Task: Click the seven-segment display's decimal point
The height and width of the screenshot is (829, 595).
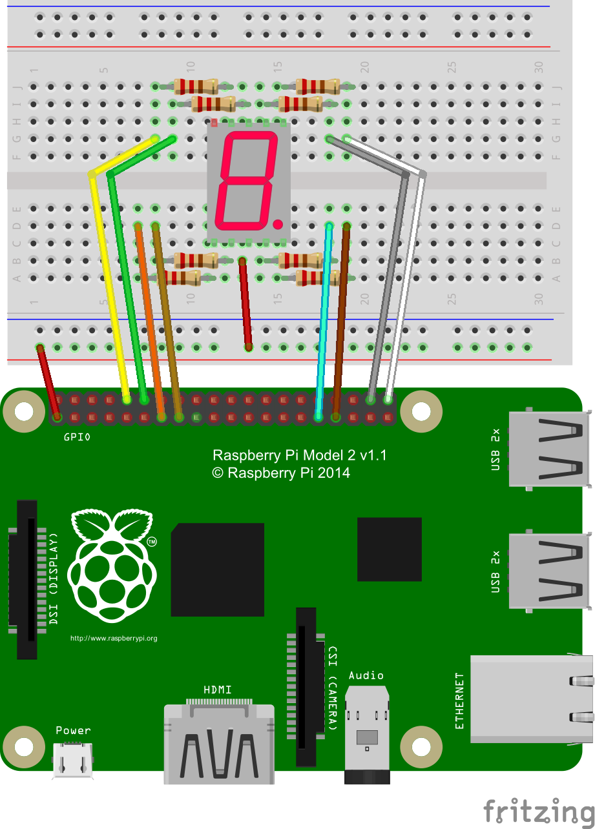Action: tap(278, 223)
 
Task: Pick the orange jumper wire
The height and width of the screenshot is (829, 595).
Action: tap(150, 322)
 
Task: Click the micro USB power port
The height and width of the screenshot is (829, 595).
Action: tap(72, 760)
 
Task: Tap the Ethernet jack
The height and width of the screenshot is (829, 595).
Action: tap(531, 699)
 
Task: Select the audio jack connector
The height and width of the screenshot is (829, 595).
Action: tap(367, 734)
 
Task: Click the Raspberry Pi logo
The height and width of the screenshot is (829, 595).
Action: tap(112, 566)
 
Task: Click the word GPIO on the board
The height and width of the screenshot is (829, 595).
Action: tap(77, 437)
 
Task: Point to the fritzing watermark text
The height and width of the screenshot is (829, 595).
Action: tap(539, 811)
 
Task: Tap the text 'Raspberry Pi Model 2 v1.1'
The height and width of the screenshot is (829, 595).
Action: tap(300, 455)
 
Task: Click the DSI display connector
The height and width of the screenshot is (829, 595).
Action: tap(27, 580)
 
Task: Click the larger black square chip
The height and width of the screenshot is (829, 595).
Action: tap(218, 569)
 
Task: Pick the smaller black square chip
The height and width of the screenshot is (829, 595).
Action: tap(390, 549)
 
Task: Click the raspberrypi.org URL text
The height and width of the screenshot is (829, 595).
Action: tap(114, 639)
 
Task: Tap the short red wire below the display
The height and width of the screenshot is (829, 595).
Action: tap(245, 304)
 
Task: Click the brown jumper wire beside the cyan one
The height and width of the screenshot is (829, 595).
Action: tap(341, 322)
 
